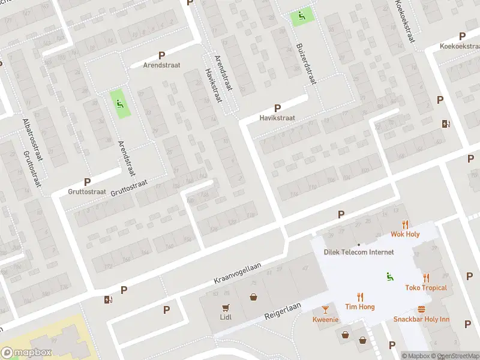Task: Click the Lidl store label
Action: point(226,317)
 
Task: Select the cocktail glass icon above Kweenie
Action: point(326,309)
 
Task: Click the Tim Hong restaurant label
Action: point(360,307)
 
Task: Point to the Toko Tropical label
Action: point(426,287)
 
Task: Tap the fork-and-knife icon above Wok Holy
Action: point(405,224)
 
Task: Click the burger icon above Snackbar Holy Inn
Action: point(421,309)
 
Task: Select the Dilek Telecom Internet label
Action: point(359,253)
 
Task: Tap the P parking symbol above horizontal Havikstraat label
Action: point(277,108)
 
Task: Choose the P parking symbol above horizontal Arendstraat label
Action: point(161,55)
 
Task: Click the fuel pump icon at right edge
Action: point(445,124)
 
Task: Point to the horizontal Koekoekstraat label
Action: point(459,46)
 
